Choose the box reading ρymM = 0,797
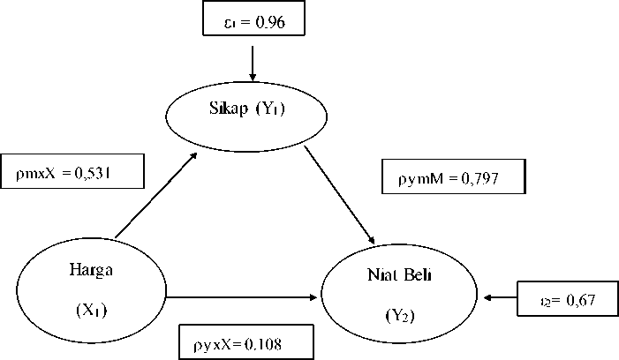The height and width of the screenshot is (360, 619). pyautogui.click(x=454, y=176)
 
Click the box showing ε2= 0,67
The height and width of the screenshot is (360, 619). pyautogui.click(x=566, y=300)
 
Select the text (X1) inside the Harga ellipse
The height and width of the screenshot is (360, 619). pyautogui.click(x=91, y=310)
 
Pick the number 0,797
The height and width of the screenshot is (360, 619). pyautogui.click(x=479, y=178)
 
